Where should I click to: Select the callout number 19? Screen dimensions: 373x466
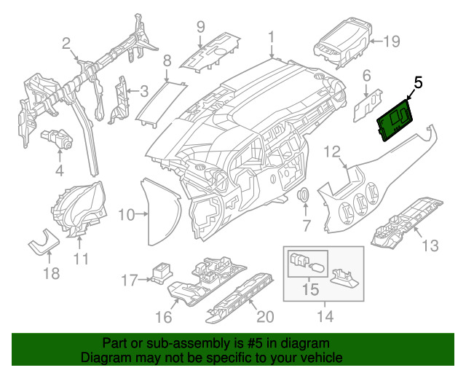pyautogui.click(x=392, y=42)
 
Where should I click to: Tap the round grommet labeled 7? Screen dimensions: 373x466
pyautogui.click(x=305, y=196)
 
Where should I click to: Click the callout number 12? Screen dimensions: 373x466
pyautogui.click(x=332, y=152)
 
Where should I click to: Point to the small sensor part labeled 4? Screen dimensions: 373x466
pyautogui.click(x=58, y=138)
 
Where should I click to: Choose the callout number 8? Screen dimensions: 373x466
pyautogui.click(x=167, y=60)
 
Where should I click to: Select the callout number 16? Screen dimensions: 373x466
pyautogui.click(x=164, y=317)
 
